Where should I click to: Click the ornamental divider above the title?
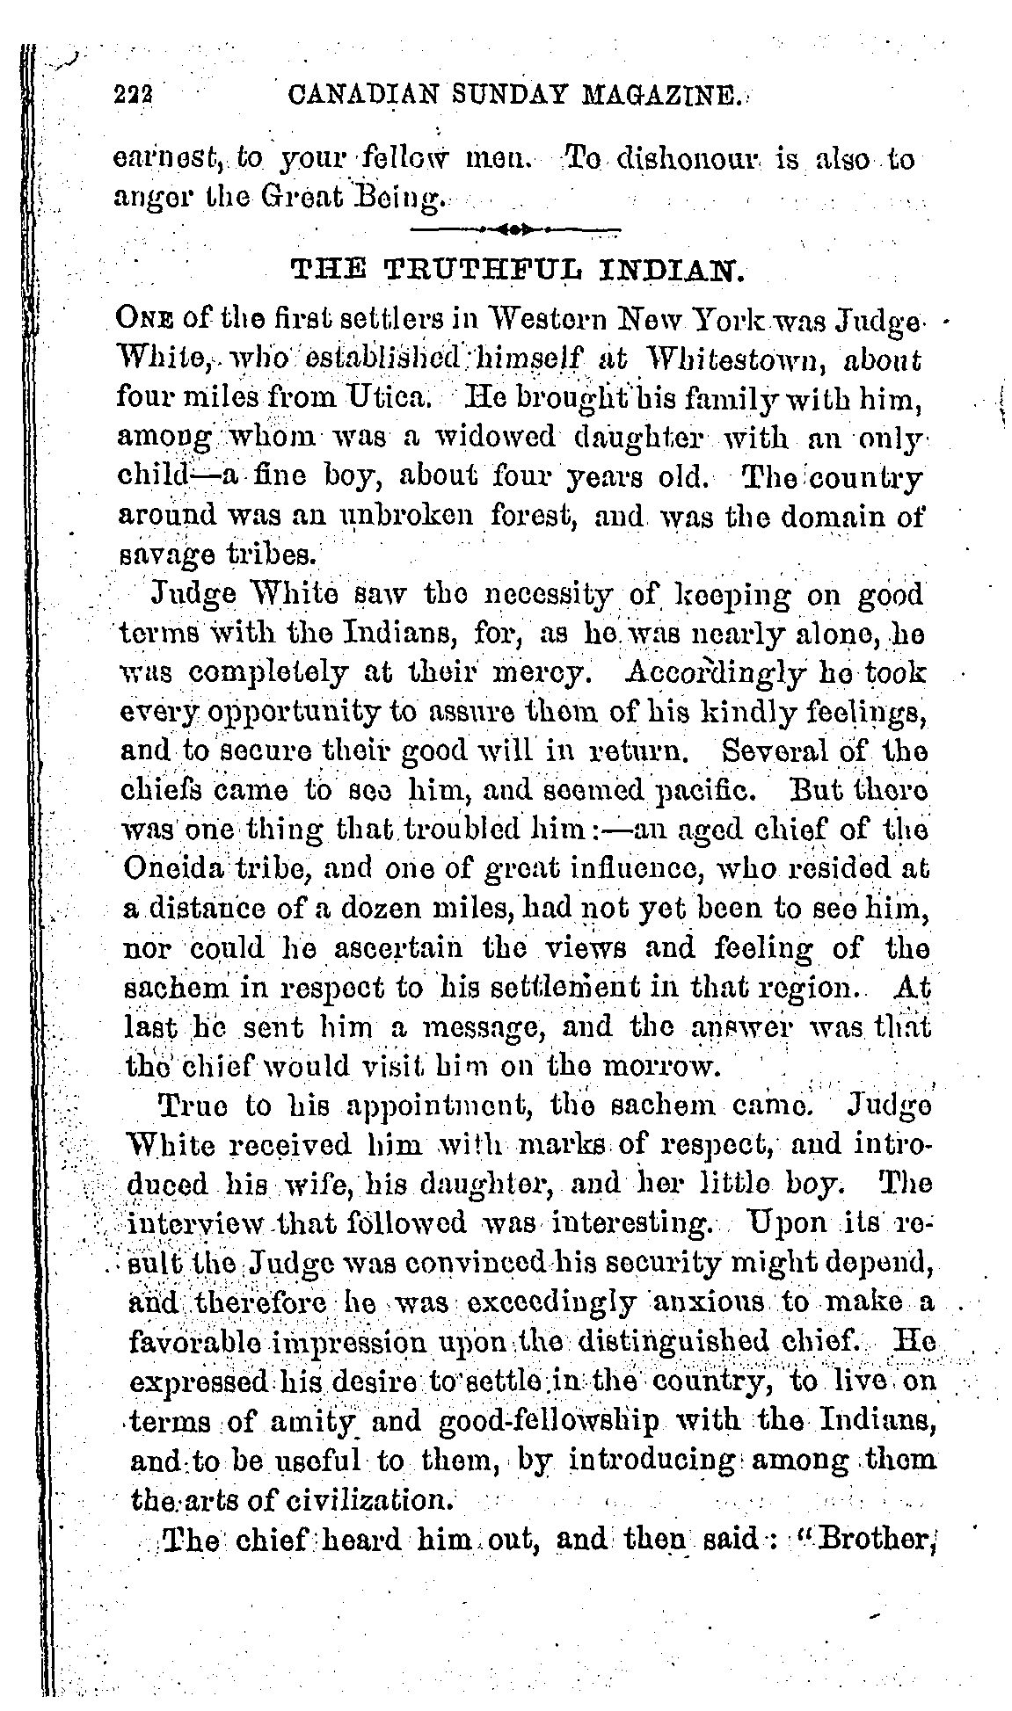[516, 229]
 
